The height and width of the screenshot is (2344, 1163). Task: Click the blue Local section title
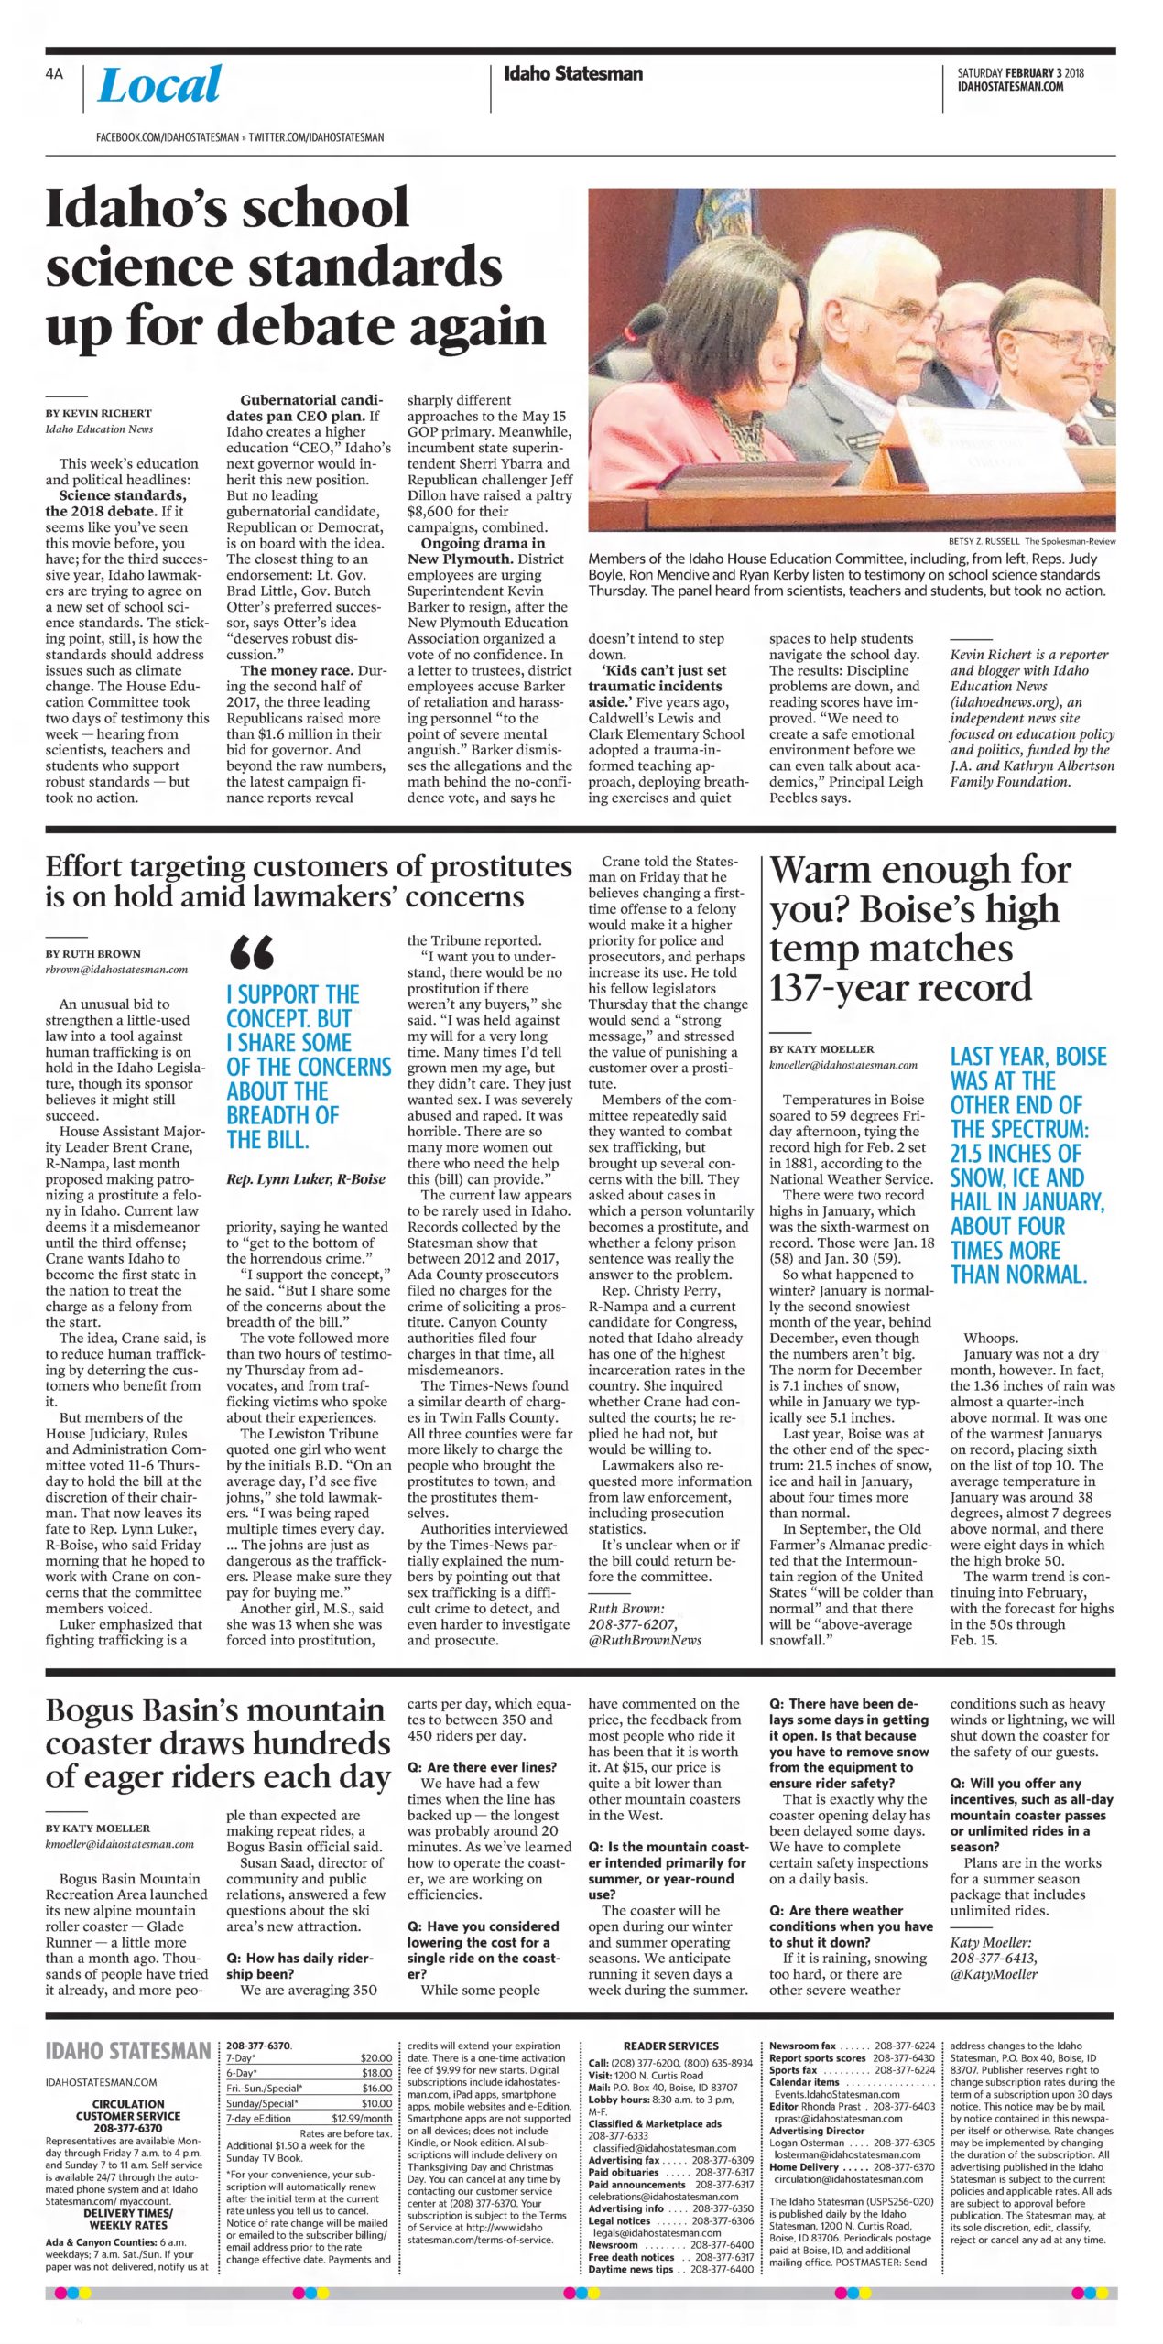point(159,85)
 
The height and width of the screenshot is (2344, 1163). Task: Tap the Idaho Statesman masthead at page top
point(573,74)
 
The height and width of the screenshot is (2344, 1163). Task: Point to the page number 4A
point(54,74)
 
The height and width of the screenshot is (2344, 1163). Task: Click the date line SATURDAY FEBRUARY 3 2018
point(1020,73)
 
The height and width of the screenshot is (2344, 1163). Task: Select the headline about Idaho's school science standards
point(295,266)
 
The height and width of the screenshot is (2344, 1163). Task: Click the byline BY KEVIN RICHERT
point(99,413)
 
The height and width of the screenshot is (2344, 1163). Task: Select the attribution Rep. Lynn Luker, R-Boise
point(306,1179)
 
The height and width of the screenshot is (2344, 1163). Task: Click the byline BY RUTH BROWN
point(92,954)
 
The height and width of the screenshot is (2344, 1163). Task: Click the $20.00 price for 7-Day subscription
point(376,2058)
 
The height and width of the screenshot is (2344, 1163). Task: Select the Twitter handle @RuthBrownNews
point(645,1640)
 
